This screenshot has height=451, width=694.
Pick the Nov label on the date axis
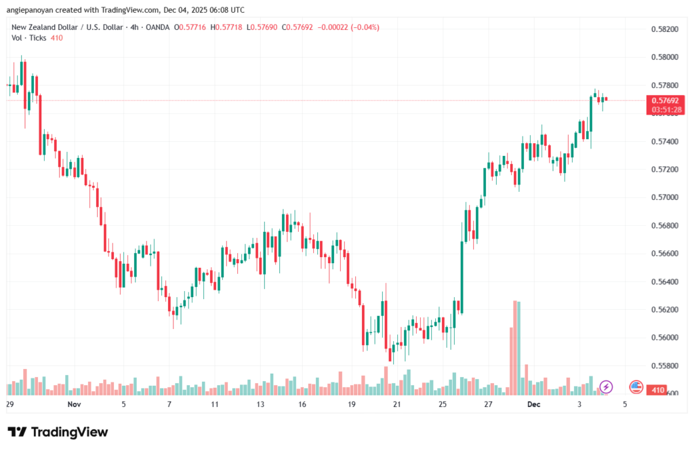[75, 404]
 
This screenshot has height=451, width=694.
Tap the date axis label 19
[352, 404]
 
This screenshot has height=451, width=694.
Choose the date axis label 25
[442, 404]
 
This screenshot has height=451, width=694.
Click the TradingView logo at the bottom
[58, 432]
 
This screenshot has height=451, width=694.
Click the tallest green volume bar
[518, 347]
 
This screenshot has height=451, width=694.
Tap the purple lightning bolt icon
[607, 387]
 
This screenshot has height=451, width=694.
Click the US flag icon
[636, 387]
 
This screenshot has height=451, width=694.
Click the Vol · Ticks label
[28, 38]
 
